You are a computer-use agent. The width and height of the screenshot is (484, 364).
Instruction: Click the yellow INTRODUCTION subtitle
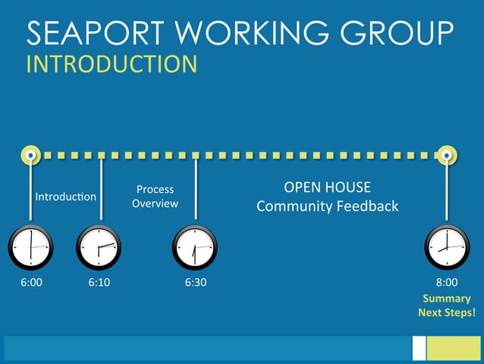tap(112, 64)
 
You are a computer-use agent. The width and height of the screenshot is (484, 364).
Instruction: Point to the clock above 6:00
tap(30, 248)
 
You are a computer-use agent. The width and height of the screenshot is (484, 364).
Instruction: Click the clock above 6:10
tap(99, 248)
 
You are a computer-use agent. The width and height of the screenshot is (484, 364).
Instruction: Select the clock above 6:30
tap(195, 248)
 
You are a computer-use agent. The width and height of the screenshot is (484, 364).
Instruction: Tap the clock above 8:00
tap(447, 248)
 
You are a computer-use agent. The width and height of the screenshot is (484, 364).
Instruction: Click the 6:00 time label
tap(30, 283)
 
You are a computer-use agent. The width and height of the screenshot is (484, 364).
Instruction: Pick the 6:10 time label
tap(99, 283)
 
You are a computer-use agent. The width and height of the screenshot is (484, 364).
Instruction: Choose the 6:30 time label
tap(195, 283)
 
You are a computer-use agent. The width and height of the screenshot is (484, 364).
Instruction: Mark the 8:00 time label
tap(447, 283)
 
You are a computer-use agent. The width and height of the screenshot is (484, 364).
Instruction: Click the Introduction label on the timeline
tap(66, 197)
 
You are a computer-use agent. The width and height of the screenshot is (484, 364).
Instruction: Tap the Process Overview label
tap(155, 196)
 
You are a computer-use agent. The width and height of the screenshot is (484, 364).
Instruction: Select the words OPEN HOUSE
tap(327, 188)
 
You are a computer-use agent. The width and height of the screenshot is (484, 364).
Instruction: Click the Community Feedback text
tap(327, 206)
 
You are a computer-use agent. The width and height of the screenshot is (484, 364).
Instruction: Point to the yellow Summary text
tap(447, 299)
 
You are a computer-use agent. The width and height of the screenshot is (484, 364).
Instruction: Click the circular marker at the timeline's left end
tap(30, 155)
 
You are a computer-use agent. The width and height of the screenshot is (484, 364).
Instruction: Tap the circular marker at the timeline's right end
tap(448, 155)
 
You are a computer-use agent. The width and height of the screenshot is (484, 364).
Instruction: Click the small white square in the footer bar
tap(419, 348)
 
